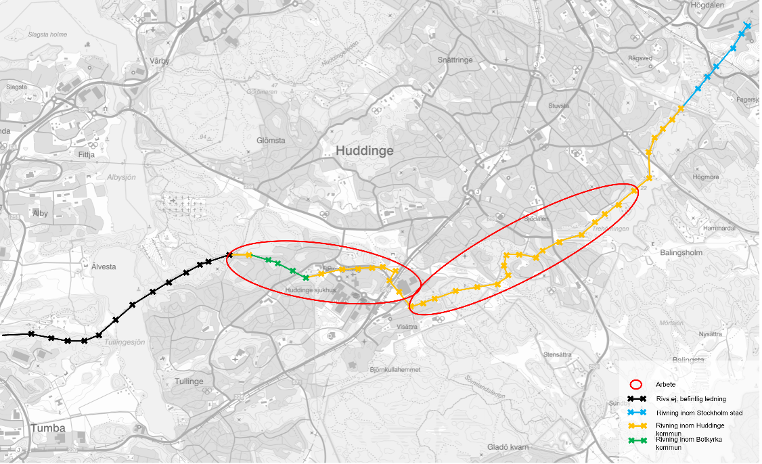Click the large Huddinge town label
pos(364,152)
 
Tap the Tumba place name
pos(47,428)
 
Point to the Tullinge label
pos(188,381)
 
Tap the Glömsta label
pos(271,141)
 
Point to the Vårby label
pos(160,61)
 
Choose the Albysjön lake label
pos(121,177)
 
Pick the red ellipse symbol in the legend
pos(636,383)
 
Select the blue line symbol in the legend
pos(636,413)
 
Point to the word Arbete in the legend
pos(665,384)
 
